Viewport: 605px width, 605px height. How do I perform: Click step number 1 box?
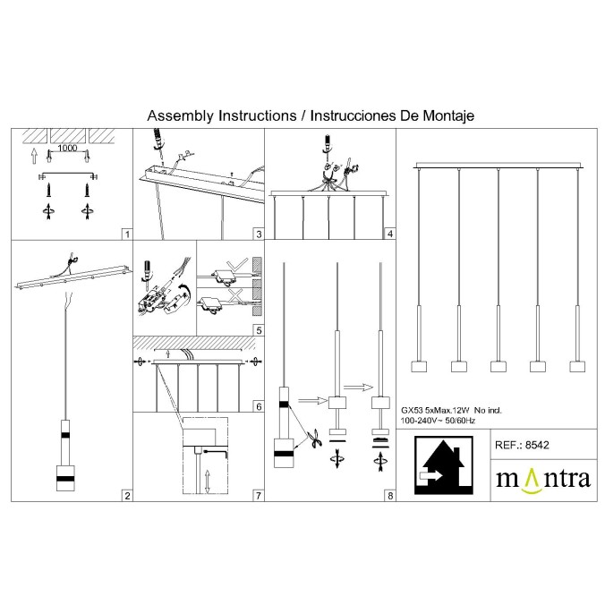point(127,234)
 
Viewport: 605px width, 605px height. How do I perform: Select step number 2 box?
point(127,496)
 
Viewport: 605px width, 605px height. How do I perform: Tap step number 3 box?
point(259,234)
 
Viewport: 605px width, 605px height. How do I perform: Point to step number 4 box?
point(390,234)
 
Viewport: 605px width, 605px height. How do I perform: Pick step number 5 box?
point(259,330)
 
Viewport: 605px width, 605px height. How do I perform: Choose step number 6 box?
point(259,406)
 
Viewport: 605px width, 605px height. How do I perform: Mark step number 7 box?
point(259,496)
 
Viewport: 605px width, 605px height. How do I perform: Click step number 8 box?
point(390,496)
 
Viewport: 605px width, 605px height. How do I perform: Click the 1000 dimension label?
point(67,149)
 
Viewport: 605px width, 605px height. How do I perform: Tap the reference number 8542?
point(537,445)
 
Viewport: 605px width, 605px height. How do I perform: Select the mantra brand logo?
point(543,481)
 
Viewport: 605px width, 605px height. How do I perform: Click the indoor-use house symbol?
point(443,465)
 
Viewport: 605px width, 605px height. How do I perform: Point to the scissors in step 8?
point(315,439)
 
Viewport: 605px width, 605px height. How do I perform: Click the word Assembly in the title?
point(180,115)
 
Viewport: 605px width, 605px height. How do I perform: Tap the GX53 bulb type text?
point(412,410)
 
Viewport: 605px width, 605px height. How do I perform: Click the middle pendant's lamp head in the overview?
point(498,366)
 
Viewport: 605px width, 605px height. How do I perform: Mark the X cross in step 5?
point(235,294)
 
